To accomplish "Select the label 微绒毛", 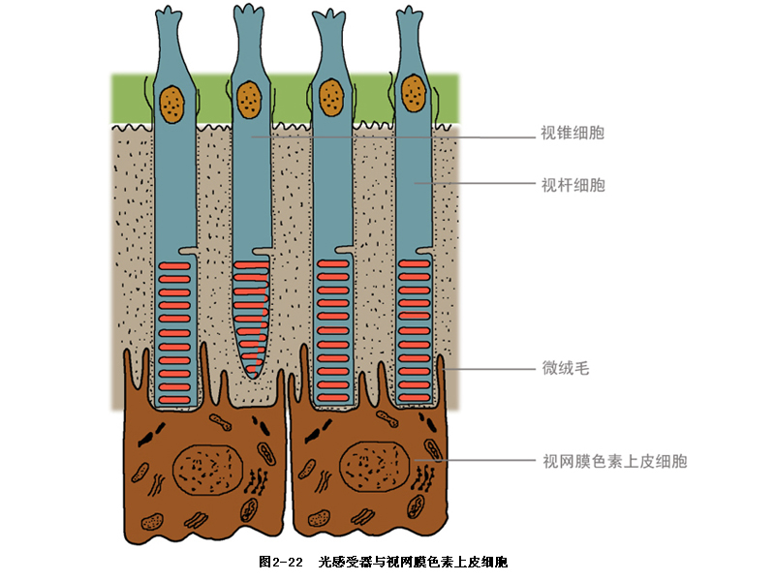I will tap(565, 368).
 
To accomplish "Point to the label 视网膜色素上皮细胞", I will tap(615, 462).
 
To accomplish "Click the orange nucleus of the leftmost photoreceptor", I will tap(174, 102).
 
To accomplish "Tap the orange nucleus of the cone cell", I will tap(250, 97).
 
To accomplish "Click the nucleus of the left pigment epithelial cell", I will tap(206, 468).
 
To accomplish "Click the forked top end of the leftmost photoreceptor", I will tap(170, 15).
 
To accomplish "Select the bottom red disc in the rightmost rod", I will tap(416, 397).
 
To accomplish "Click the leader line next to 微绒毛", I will tap(489, 368).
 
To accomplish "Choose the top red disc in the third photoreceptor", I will tap(332, 263).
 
